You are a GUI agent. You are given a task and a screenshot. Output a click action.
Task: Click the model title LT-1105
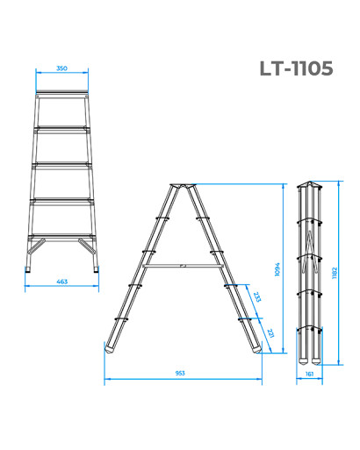click(296, 68)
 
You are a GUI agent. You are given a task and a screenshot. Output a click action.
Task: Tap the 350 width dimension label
click(61, 68)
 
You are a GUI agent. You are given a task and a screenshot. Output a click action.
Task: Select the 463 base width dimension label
click(61, 282)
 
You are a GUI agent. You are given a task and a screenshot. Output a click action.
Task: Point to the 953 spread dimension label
click(180, 374)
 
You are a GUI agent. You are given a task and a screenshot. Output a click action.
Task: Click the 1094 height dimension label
click(277, 269)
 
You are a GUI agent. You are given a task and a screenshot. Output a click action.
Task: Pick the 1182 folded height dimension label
click(335, 273)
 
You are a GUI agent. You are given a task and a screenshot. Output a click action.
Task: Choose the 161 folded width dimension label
click(309, 374)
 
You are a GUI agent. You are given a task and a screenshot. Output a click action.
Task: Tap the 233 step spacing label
click(257, 296)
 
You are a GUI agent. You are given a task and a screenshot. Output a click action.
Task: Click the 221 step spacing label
click(270, 333)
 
